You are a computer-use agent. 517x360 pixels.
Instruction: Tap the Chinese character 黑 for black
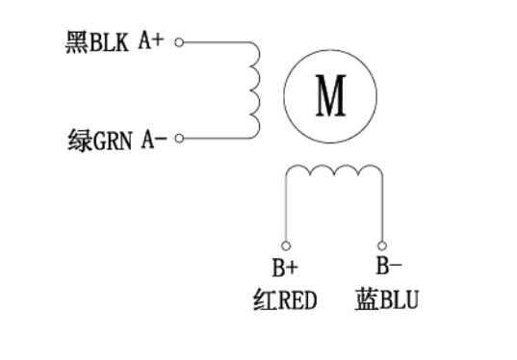tap(77, 43)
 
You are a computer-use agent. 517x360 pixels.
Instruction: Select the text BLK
tap(111, 43)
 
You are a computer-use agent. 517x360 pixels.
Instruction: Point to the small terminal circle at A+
tap(179, 43)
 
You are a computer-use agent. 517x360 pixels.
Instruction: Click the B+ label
tap(285, 269)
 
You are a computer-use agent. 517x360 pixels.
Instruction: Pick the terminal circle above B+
tap(285, 245)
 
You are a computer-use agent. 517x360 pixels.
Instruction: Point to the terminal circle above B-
tap(382, 245)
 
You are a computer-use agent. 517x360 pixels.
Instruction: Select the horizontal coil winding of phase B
tap(333, 172)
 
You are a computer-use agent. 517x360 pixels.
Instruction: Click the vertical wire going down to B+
tap(285, 212)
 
